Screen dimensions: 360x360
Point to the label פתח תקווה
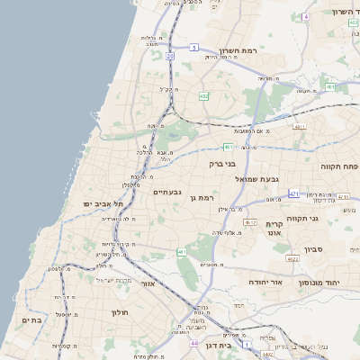point(339,166)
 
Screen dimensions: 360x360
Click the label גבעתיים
point(167,192)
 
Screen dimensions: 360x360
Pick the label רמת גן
point(206,196)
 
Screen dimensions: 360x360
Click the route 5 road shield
point(194,46)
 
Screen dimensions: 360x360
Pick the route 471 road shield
point(294,193)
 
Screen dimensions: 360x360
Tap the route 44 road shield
point(193,343)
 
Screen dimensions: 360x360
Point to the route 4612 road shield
point(292,257)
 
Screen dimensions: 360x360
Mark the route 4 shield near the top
point(305,16)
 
